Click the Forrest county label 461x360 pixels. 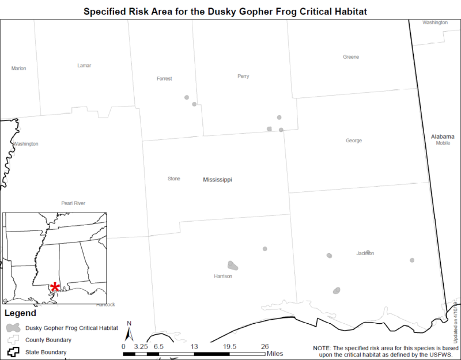tap(164, 79)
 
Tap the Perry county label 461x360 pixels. tap(243, 76)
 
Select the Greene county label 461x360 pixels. tap(351, 57)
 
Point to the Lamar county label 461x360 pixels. tap(84, 66)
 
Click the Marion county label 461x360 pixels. tap(19, 69)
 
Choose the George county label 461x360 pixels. tap(354, 141)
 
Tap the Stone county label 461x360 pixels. tap(174, 179)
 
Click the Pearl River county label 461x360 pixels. tap(73, 203)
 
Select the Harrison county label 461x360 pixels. tap(223, 276)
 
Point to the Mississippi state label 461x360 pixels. tap(217, 180)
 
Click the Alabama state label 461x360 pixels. tap(443, 137)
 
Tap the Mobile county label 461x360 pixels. tap(443, 143)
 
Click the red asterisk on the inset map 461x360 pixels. tap(55, 287)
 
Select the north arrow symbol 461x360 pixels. tap(130, 332)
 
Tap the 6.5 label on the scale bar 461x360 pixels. tap(159, 346)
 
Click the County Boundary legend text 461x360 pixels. tap(48, 340)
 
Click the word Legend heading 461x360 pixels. tap(20, 314)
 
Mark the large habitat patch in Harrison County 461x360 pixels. tap(233, 266)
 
